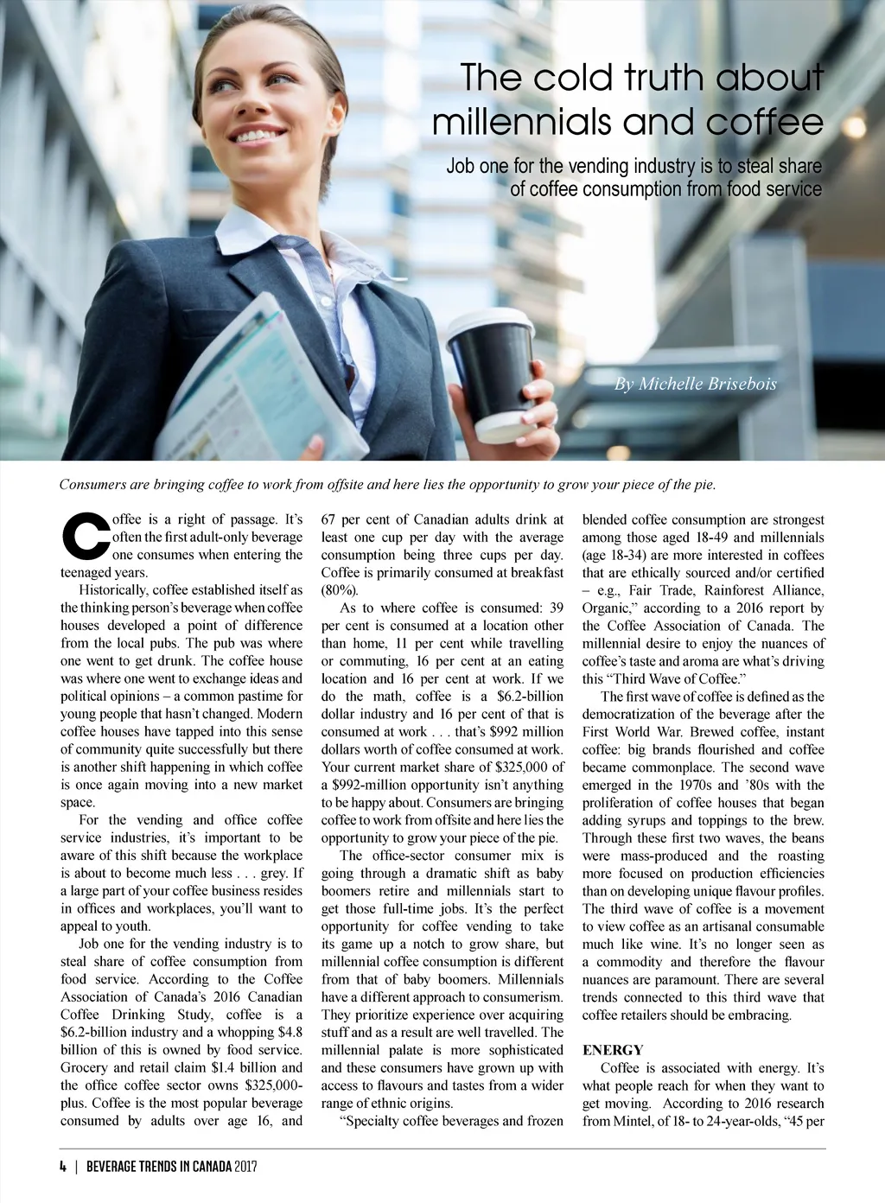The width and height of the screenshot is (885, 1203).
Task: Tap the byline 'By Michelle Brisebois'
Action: (x=695, y=384)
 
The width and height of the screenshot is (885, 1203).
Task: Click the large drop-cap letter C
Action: (x=85, y=537)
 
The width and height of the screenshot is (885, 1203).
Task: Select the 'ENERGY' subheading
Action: (x=613, y=1050)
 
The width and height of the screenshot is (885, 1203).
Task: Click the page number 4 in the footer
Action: (x=63, y=1166)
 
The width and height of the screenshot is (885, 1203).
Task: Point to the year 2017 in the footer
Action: (x=245, y=1166)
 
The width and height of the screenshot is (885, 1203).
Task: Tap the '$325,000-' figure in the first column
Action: (x=274, y=1085)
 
